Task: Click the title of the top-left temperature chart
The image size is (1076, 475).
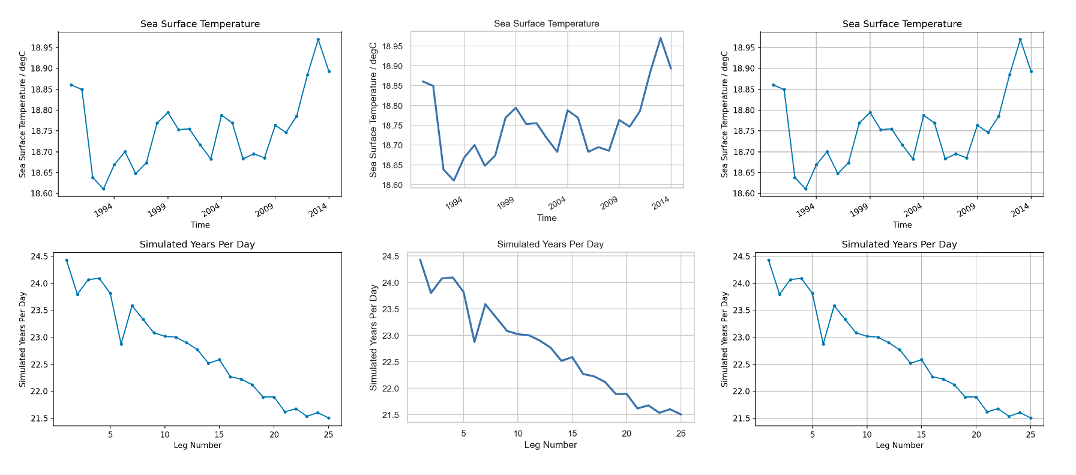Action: click(x=200, y=24)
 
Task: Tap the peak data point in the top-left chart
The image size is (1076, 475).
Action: click(x=318, y=40)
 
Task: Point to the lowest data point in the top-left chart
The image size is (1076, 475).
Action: click(x=103, y=189)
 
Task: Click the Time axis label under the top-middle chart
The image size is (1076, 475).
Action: click(x=546, y=218)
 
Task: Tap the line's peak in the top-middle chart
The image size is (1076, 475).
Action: click(x=660, y=38)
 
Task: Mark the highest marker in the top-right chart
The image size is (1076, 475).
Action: click(x=1020, y=40)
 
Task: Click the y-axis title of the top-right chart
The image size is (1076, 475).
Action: click(x=724, y=114)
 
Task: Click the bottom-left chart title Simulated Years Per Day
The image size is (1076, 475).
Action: click(x=197, y=244)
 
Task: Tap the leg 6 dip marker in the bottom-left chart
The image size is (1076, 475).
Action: click(x=121, y=344)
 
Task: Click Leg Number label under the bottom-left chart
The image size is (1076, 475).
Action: click(x=197, y=445)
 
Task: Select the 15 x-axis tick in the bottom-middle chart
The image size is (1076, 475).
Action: click(x=573, y=433)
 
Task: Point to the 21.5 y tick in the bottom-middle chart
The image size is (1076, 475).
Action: click(x=390, y=415)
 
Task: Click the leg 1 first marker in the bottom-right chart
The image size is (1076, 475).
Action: click(x=769, y=260)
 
